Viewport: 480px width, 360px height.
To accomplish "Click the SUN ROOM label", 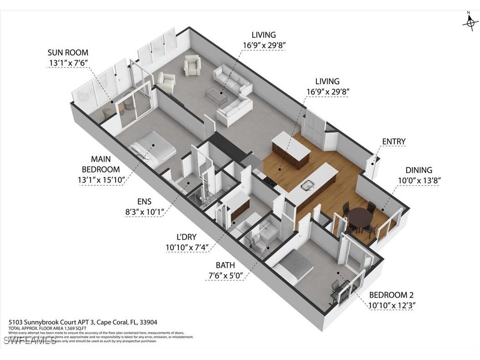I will click(68, 52).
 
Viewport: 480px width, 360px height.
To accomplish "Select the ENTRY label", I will click(393, 142).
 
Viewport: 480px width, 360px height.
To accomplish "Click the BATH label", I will click(226, 265).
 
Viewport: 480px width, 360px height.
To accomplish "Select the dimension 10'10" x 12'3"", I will click(392, 305).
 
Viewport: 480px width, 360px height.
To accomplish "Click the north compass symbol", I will click(470, 21).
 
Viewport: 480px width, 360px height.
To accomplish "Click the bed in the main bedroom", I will click(153, 149).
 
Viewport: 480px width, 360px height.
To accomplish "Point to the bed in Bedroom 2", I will click(296, 266).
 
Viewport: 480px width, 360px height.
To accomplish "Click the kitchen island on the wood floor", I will click(291, 150).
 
